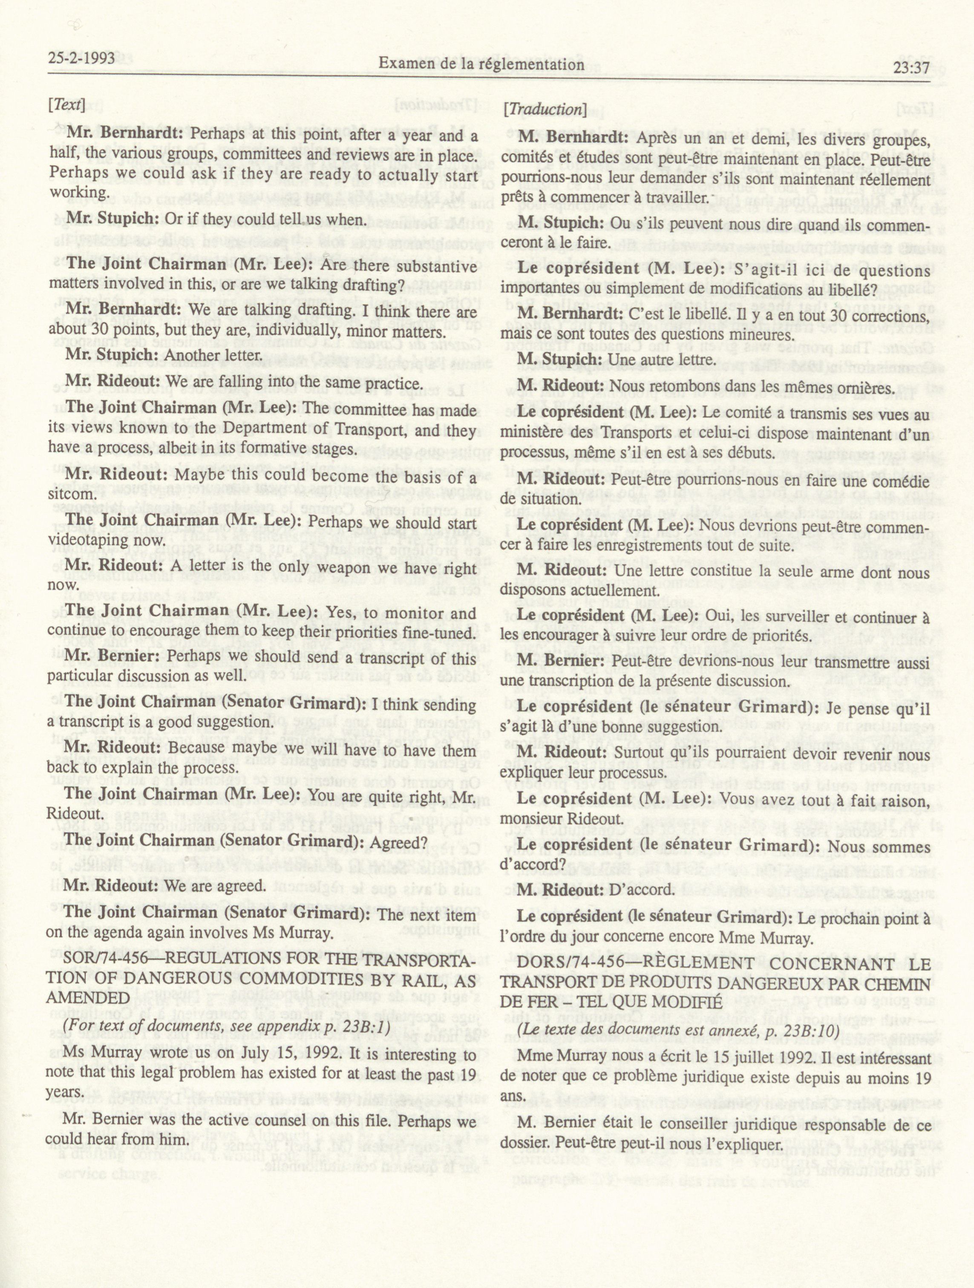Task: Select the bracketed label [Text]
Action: coord(66,105)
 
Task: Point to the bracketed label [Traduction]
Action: coord(545,109)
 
